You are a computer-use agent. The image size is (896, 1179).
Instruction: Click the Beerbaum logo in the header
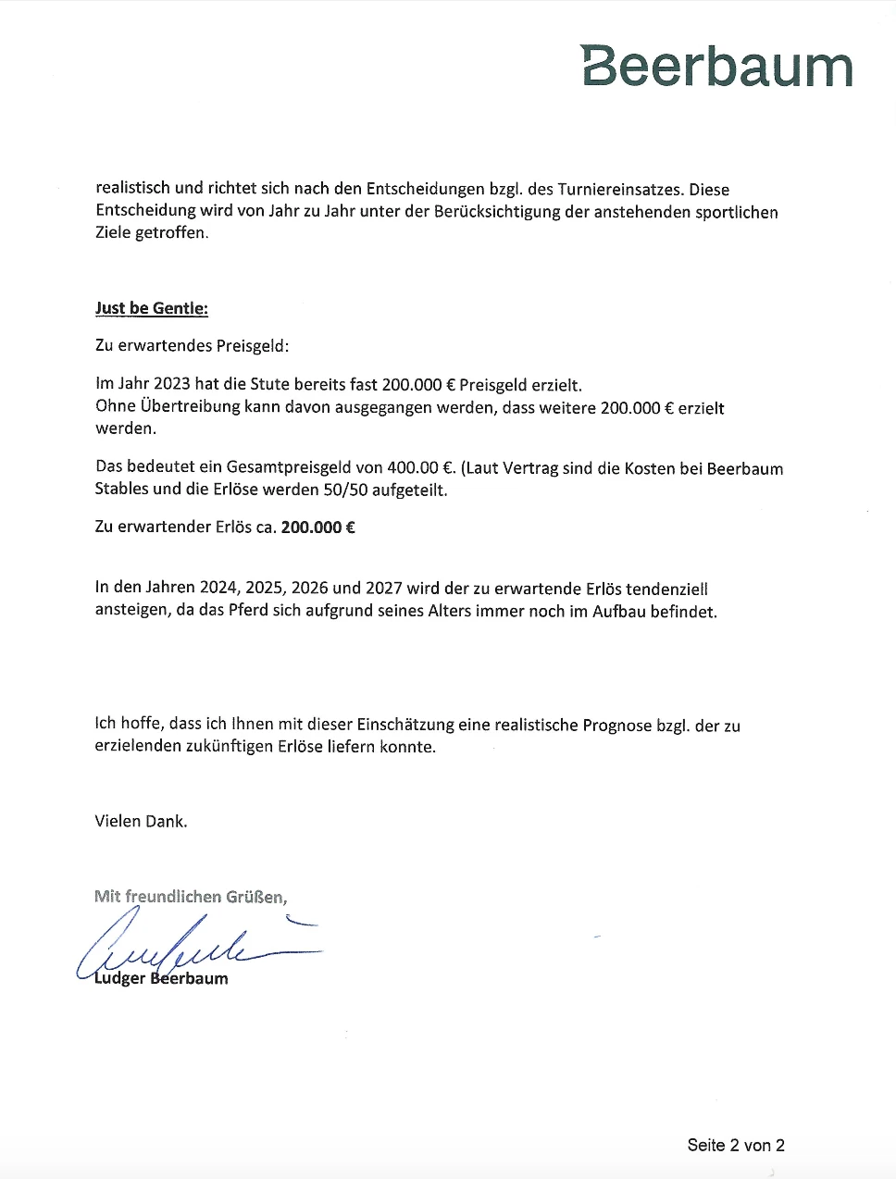pos(716,67)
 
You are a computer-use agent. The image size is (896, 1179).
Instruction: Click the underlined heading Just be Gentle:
pos(152,308)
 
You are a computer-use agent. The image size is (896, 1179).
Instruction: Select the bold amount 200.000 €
pos(318,527)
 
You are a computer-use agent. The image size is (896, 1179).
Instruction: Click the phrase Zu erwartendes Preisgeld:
pos(193,346)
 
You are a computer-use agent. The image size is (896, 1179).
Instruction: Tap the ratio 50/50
pos(345,490)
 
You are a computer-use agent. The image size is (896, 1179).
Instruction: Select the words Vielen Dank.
pos(141,821)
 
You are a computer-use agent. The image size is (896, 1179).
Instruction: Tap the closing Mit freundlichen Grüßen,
pos(191,896)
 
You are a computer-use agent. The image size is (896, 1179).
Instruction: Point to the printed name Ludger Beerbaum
pos(161,978)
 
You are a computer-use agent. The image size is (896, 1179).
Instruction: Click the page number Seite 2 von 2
pos(736,1145)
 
